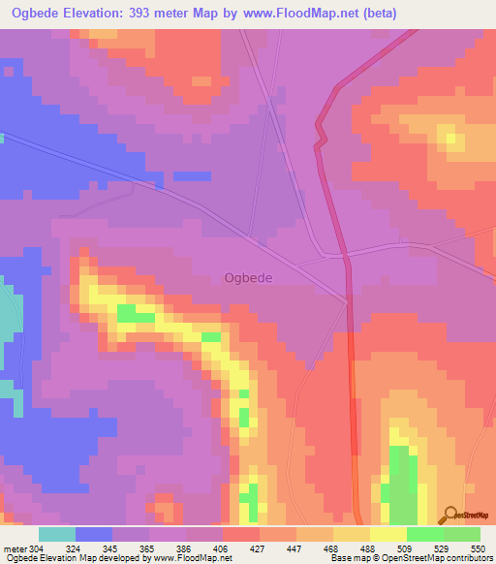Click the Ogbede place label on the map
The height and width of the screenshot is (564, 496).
tap(248, 277)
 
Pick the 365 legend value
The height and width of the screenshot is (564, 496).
tap(147, 548)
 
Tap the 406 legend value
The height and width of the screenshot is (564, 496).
tap(221, 548)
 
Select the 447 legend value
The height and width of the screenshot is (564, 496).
tap(295, 548)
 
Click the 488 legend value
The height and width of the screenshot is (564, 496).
tap(369, 548)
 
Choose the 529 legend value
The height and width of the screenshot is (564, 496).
tap(443, 548)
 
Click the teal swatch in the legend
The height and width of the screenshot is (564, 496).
tap(56, 534)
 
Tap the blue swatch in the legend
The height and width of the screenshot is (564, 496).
tap(93, 534)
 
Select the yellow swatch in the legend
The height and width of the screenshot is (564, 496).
tap(387, 534)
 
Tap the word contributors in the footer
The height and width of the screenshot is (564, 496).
tap(466, 558)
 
